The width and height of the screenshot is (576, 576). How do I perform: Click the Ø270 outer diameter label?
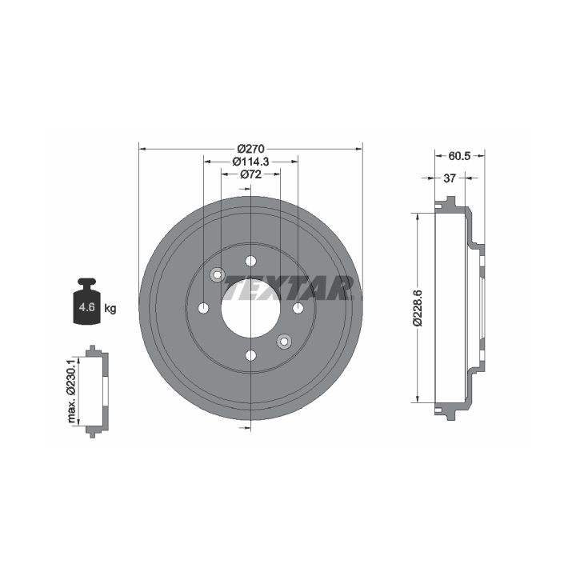[251, 149]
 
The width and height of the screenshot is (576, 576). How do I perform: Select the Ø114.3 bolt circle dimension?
[251, 162]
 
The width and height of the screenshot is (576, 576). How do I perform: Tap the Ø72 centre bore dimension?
[251, 174]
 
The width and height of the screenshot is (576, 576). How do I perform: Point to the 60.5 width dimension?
[459, 156]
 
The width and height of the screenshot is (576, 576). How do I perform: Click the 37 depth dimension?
[450, 178]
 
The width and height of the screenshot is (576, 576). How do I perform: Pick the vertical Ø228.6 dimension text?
[418, 308]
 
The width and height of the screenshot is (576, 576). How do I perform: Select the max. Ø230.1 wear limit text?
[71, 391]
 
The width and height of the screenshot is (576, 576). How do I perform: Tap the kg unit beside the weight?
[110, 309]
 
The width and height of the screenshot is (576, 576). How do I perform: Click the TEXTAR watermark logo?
[288, 288]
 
